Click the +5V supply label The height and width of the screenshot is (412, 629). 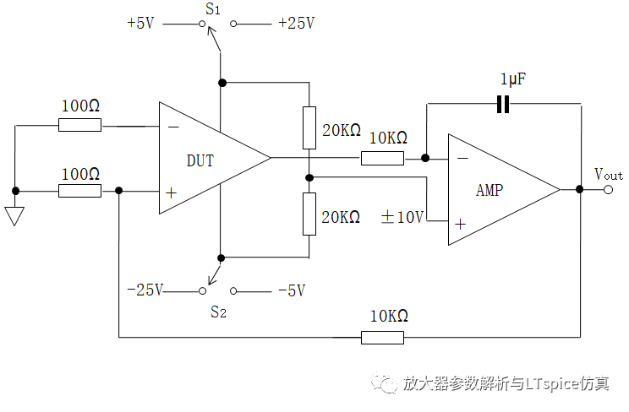(140, 24)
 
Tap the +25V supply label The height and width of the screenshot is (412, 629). (297, 24)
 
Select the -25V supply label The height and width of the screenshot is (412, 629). (145, 290)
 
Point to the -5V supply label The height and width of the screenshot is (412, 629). (292, 290)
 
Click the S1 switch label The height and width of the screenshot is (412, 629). (213, 8)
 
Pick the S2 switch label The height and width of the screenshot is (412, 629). (218, 312)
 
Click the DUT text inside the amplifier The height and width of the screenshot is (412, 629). (200, 160)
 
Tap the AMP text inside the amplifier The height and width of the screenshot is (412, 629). (490, 190)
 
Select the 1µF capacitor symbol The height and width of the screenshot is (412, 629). (503, 104)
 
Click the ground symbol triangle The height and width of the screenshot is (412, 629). (14, 216)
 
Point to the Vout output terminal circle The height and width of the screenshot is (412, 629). (608, 190)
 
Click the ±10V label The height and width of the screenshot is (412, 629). (402, 217)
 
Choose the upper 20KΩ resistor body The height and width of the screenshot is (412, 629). (309, 127)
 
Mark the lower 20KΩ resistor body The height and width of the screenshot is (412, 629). (309, 214)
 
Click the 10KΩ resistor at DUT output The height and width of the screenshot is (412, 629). (382, 159)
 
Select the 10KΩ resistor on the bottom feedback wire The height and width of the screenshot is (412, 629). (382, 338)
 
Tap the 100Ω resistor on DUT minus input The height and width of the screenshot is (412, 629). (79, 125)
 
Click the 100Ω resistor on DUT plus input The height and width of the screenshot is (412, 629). (79, 191)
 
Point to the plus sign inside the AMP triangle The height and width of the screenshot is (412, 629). (460, 224)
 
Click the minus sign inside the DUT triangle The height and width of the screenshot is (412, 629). (173, 127)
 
